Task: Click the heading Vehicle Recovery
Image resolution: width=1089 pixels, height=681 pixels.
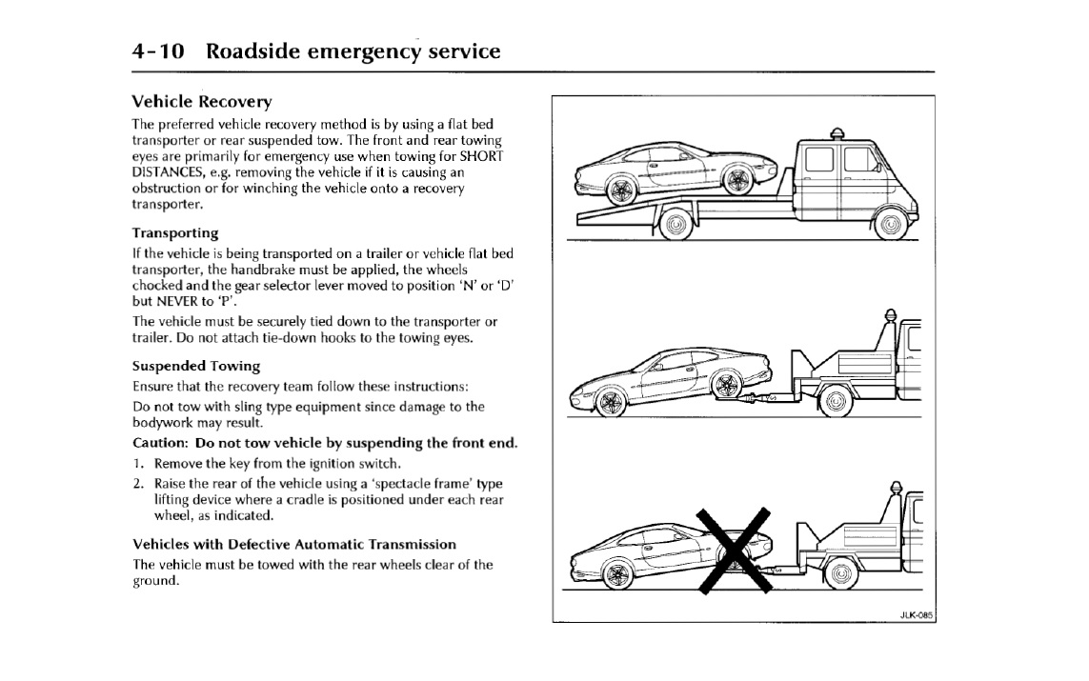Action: pyautogui.click(x=201, y=101)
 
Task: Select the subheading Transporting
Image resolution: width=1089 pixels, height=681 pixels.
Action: pyautogui.click(x=174, y=232)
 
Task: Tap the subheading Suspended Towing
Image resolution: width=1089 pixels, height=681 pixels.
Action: pyautogui.click(x=195, y=365)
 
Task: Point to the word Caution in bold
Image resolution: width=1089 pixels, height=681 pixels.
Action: pyautogui.click(x=158, y=443)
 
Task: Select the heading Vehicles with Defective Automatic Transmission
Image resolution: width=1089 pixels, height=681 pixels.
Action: pyautogui.click(x=293, y=544)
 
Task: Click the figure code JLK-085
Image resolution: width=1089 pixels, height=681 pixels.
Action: pyautogui.click(x=916, y=614)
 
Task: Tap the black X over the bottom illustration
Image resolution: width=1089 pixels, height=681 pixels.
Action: pyautogui.click(x=732, y=550)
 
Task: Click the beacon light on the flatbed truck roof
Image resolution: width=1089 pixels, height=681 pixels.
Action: pyautogui.click(x=838, y=133)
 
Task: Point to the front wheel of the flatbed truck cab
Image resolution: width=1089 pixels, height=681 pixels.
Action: pyautogui.click(x=890, y=225)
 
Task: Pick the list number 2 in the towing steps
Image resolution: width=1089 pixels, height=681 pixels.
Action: pyautogui.click(x=138, y=483)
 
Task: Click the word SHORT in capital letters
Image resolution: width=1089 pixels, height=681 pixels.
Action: pyautogui.click(x=482, y=155)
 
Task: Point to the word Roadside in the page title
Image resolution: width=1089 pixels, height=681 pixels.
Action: pyautogui.click(x=252, y=50)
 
